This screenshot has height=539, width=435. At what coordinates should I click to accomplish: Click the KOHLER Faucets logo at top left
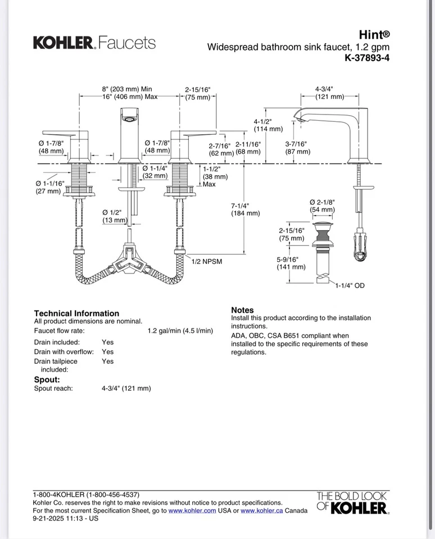point(94,43)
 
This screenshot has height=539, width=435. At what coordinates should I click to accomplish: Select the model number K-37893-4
point(367,57)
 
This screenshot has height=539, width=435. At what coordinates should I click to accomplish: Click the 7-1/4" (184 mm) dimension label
point(245,209)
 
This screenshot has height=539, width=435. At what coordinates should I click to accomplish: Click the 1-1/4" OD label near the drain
point(350,286)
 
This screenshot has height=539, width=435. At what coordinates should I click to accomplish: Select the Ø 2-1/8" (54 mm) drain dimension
point(322,205)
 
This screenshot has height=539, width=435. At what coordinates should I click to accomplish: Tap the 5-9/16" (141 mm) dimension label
point(291,263)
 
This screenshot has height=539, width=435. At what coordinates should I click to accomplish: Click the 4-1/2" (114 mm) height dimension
point(268,125)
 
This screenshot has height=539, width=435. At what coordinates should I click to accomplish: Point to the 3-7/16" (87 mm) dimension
point(297,148)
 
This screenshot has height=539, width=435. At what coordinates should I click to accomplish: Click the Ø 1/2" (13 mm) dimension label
point(115,216)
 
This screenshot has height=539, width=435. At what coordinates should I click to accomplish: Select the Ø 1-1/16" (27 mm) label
point(49,188)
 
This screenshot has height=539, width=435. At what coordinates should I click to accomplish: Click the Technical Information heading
point(76,313)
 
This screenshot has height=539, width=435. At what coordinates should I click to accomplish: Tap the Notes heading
point(242,310)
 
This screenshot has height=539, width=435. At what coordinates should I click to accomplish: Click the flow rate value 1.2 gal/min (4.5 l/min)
point(180,331)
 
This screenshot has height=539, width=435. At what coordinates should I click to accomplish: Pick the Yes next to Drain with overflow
point(107,351)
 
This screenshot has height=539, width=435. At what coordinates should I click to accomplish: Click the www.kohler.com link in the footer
point(192,510)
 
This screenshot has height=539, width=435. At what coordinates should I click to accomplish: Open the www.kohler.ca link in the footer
point(261,510)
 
